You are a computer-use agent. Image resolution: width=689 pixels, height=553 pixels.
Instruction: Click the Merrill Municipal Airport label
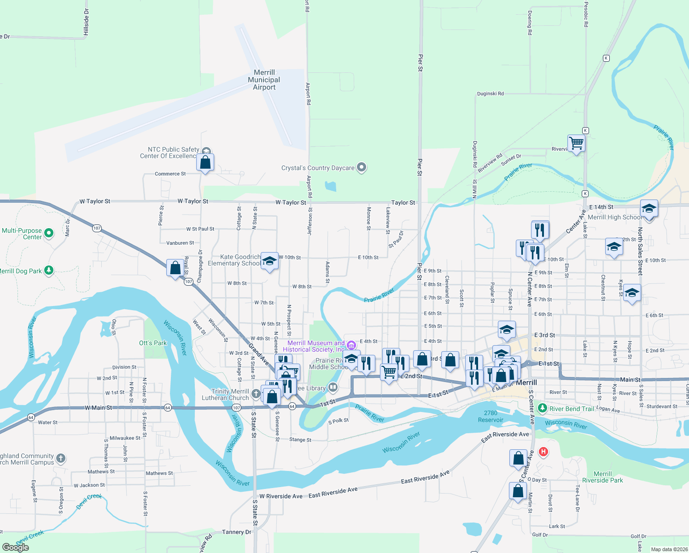(264, 80)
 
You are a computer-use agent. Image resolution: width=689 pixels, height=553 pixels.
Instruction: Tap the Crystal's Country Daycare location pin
(362, 168)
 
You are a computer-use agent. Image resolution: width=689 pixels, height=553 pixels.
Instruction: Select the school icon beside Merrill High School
(649, 209)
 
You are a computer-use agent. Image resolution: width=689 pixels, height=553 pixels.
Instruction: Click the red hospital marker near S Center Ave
(543, 452)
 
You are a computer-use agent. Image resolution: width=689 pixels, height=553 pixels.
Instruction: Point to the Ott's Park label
(153, 343)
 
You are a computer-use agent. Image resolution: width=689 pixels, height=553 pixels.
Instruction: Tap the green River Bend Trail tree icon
(543, 408)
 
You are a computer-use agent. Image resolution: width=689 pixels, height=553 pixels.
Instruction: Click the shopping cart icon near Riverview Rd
(576, 143)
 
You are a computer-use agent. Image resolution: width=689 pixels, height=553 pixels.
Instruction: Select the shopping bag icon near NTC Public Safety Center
(205, 162)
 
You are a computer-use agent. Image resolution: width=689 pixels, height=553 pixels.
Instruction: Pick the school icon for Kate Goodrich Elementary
(269, 261)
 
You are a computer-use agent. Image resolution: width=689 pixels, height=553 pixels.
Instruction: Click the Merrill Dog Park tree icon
(49, 271)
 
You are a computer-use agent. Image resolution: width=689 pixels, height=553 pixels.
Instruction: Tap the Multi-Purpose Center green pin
(49, 233)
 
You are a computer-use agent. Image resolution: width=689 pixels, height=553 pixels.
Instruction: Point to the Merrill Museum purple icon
(351, 345)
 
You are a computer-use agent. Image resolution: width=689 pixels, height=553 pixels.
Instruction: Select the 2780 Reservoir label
(490, 417)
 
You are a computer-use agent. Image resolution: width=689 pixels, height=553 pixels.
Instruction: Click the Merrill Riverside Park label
(602, 477)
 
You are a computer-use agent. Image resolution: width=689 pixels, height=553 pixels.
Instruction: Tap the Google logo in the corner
(16, 547)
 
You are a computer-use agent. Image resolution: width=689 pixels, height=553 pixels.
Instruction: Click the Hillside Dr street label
(86, 22)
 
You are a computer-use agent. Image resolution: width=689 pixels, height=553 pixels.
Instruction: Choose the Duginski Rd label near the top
(490, 94)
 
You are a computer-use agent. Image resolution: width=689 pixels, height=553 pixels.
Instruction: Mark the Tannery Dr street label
(237, 532)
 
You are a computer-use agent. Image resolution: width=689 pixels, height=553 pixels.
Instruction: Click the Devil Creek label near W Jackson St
(89, 501)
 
